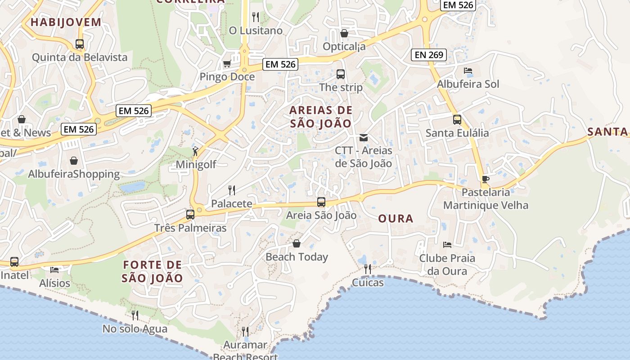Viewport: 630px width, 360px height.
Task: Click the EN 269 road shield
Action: [428, 55]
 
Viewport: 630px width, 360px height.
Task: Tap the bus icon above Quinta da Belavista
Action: [80, 44]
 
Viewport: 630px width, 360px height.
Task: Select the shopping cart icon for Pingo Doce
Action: [227, 64]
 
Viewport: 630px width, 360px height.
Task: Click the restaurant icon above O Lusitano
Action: [256, 17]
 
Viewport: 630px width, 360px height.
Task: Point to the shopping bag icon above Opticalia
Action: [344, 33]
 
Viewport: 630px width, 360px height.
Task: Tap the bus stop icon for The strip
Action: [341, 74]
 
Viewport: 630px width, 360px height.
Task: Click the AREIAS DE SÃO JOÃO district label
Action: [320, 117]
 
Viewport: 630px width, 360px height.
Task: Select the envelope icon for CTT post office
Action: [364, 137]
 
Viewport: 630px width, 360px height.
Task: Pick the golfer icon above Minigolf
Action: [195, 151]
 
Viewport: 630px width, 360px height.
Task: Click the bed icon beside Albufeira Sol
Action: [468, 71]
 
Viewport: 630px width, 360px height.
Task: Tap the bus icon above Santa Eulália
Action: [457, 120]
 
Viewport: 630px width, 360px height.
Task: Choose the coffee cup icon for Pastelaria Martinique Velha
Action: [485, 179]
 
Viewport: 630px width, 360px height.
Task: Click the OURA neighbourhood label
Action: [396, 219]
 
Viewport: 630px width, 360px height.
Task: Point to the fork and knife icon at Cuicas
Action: [368, 269]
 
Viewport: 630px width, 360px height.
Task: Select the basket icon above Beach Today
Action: [297, 244]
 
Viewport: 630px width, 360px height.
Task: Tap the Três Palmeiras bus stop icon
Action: [190, 215]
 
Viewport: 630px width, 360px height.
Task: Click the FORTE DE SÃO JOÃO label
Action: [153, 271]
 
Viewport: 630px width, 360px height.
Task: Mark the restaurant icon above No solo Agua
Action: [135, 315]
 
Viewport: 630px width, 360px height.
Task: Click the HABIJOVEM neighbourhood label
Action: [66, 22]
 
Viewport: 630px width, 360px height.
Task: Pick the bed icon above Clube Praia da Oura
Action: [447, 245]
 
